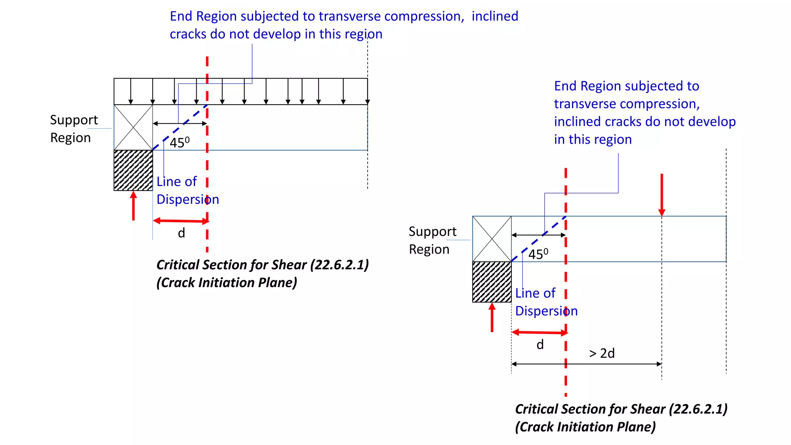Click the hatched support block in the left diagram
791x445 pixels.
click(x=133, y=170)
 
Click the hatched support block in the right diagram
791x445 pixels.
click(x=492, y=282)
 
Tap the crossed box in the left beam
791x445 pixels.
click(x=133, y=127)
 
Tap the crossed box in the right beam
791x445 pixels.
click(x=492, y=239)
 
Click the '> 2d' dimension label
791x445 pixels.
click(x=602, y=353)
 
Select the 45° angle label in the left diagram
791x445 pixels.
click(x=180, y=143)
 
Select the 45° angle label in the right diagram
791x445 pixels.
click(x=538, y=254)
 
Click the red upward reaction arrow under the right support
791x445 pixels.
click(x=492, y=318)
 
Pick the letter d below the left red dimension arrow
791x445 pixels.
click(x=181, y=233)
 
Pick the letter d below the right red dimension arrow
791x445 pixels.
click(x=540, y=345)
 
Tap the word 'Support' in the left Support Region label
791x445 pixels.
click(x=74, y=120)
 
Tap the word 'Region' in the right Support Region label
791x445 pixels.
click(x=429, y=250)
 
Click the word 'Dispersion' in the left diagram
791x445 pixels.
click(x=188, y=199)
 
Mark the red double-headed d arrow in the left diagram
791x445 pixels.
click(x=181, y=221)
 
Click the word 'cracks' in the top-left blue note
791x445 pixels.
click(x=188, y=34)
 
